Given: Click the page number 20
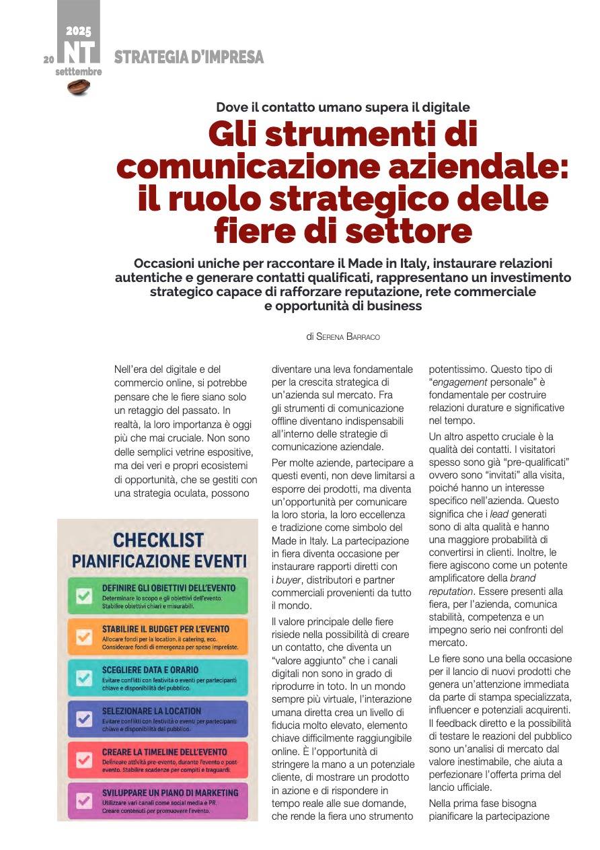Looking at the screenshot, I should point(48,59).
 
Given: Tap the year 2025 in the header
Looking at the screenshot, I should point(78,31).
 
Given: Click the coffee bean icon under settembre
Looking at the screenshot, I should point(79,87).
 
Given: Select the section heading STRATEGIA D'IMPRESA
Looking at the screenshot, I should point(189,58).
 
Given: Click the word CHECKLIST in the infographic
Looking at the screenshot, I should point(158,540).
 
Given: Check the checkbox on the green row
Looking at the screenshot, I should point(84,596).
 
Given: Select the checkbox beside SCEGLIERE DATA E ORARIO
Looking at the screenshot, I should point(84,678).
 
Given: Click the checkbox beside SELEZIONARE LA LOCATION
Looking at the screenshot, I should point(84,719).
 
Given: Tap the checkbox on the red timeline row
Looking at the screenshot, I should point(84,760).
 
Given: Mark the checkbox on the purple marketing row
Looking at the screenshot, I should point(84,801).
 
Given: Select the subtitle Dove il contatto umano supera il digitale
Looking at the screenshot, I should point(343,107).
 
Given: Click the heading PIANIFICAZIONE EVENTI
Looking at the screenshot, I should point(159,561).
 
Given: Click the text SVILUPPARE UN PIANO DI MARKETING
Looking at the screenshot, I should point(170,793).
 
